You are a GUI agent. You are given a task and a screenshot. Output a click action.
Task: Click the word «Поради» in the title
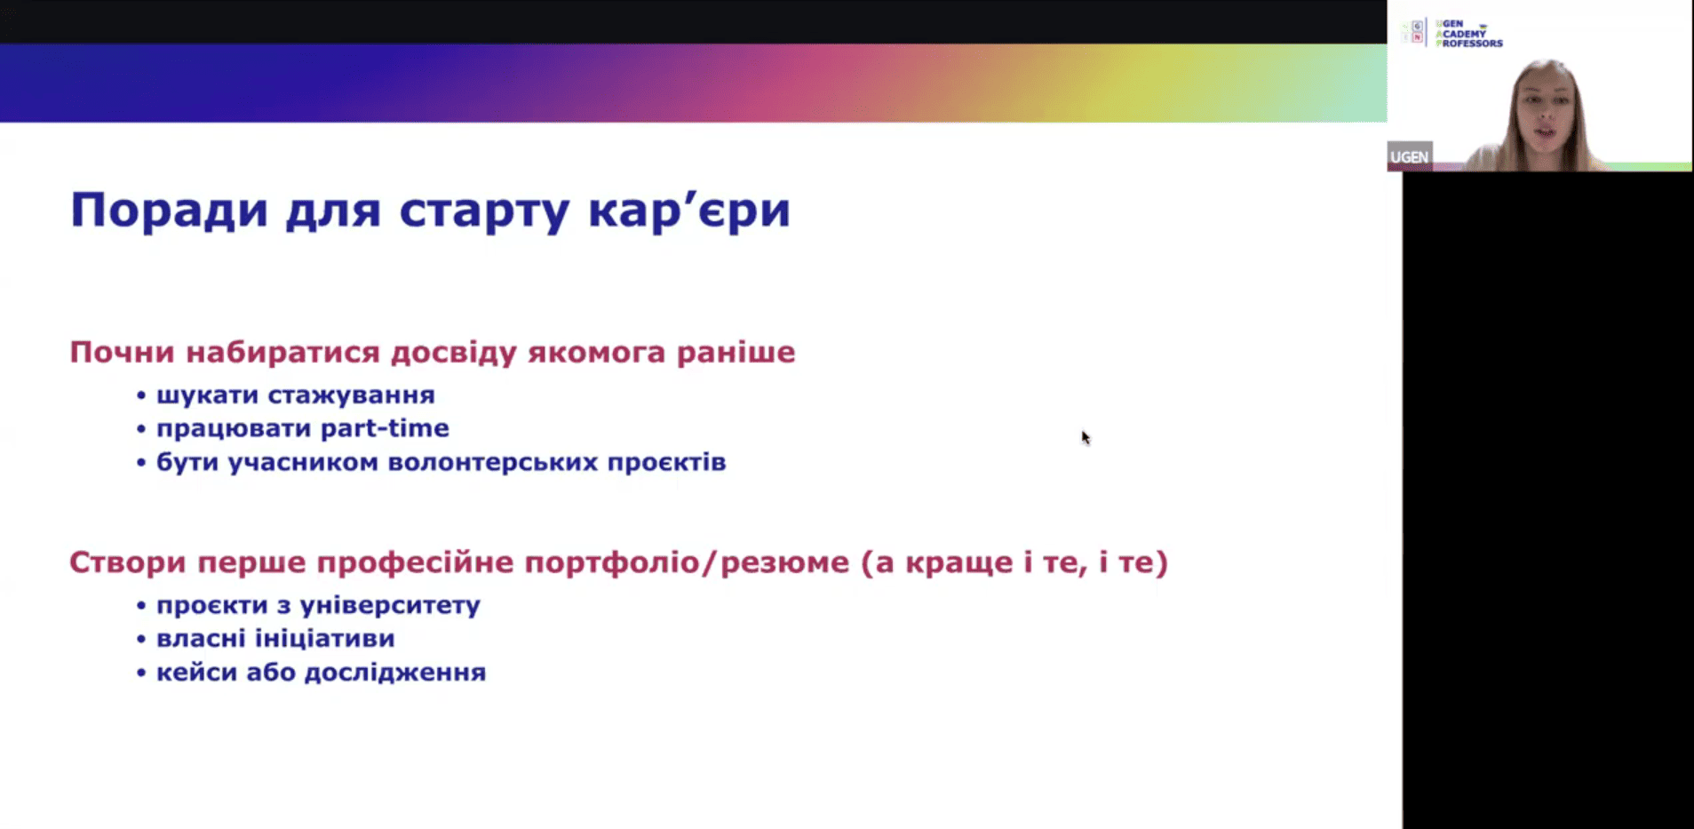tap(169, 211)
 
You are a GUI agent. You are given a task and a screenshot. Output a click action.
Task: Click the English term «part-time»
tap(385, 428)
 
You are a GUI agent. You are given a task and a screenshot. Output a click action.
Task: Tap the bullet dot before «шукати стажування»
tap(140, 395)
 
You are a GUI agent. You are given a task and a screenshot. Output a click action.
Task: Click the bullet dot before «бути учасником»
tap(140, 463)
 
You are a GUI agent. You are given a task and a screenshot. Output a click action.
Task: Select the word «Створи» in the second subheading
tap(128, 562)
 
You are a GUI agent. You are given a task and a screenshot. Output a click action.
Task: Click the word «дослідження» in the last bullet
tap(394, 673)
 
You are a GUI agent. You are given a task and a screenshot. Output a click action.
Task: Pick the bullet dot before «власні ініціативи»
tap(140, 639)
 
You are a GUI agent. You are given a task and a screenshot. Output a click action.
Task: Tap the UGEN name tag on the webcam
tap(1410, 157)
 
